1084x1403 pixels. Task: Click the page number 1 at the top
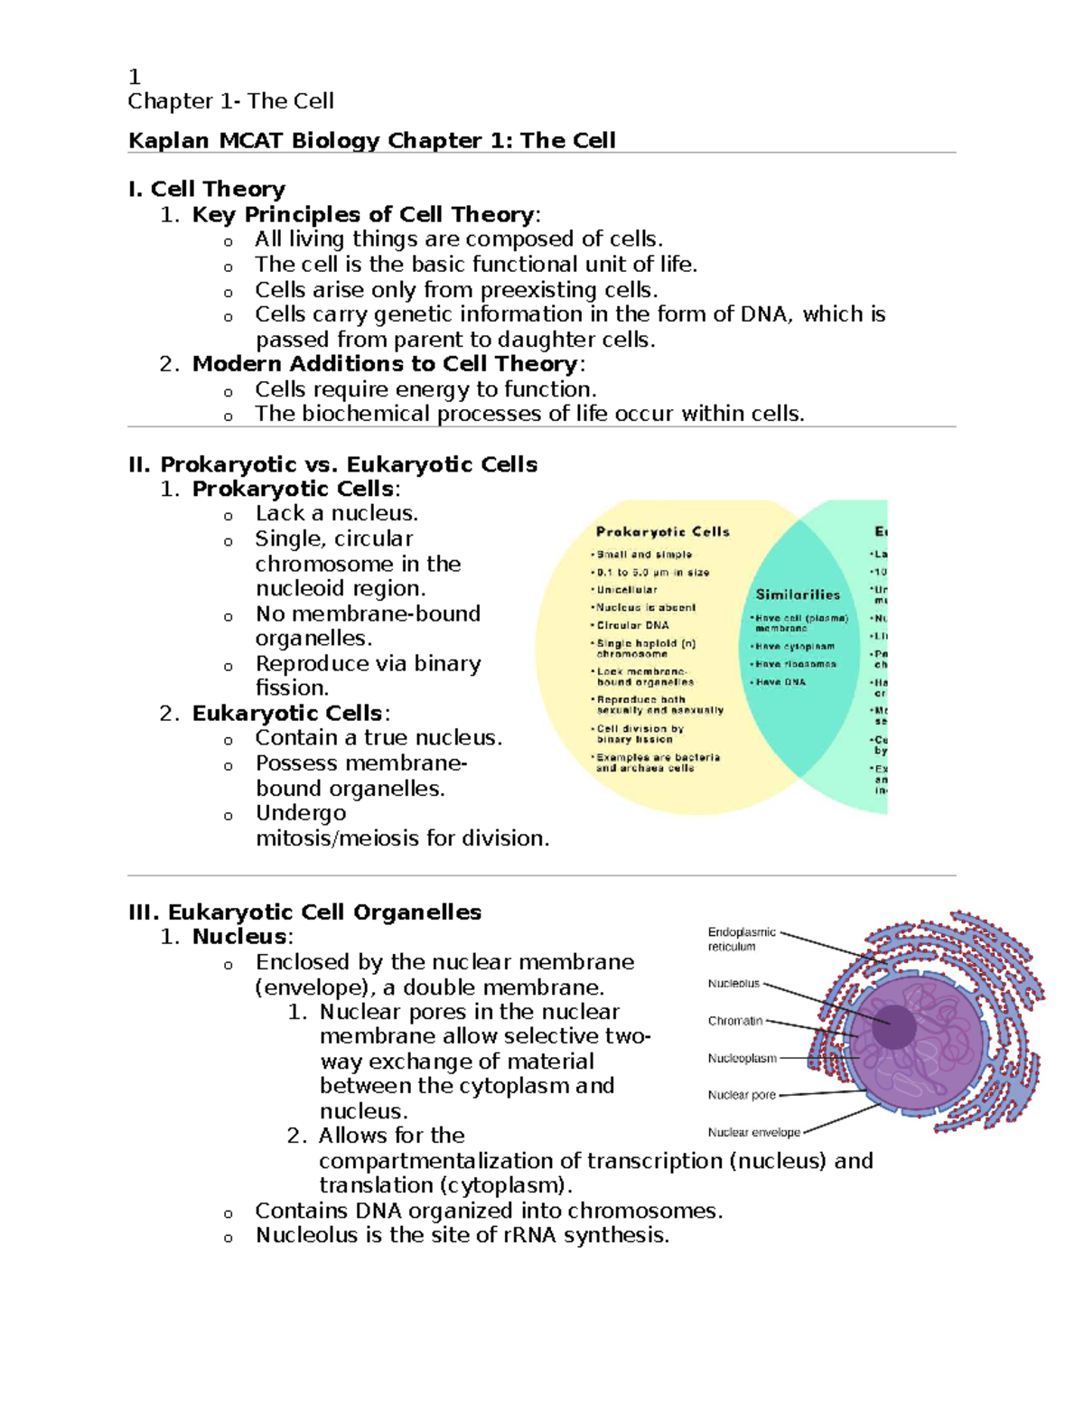tap(134, 77)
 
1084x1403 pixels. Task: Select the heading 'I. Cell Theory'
tap(207, 189)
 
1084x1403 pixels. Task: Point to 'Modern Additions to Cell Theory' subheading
tap(385, 364)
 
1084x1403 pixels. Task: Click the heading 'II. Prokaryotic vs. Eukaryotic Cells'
tap(332, 464)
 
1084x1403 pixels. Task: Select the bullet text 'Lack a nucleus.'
tap(336, 514)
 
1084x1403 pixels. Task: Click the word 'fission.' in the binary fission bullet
tap(291, 688)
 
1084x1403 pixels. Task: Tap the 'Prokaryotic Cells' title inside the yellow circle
tap(662, 532)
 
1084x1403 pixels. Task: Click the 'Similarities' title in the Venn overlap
tap(798, 594)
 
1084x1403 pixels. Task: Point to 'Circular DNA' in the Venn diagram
tap(632, 625)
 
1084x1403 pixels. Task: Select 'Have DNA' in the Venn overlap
tap(780, 682)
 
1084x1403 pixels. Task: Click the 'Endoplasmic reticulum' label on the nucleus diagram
tap(741, 939)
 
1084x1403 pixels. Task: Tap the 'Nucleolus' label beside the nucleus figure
tap(734, 984)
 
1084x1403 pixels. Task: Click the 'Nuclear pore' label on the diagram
tap(742, 1095)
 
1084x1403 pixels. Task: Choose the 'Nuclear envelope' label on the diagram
tap(753, 1132)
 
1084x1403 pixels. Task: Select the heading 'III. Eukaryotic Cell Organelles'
tap(304, 912)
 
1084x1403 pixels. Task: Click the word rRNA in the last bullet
tap(531, 1236)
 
